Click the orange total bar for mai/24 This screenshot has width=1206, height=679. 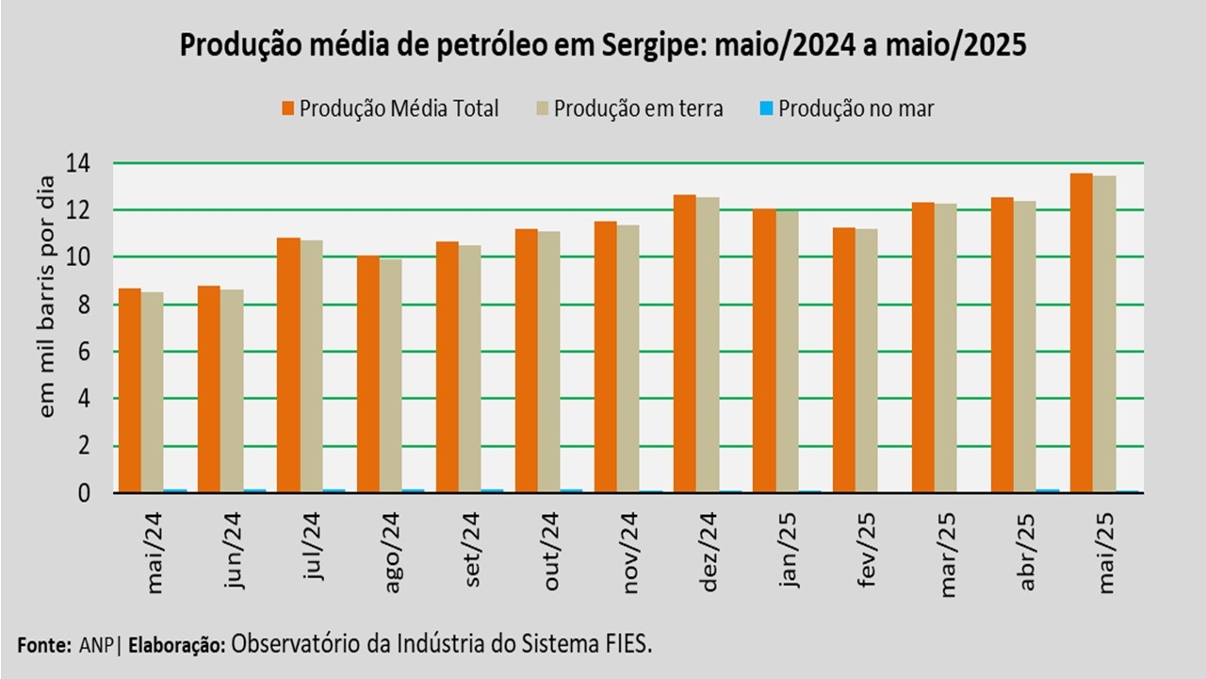pos(130,390)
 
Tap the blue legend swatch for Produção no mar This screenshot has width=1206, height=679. pos(766,108)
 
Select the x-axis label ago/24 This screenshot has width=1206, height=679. pos(395,551)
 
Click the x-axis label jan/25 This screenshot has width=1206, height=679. pos(790,551)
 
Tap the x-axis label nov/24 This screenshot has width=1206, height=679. pos(631,553)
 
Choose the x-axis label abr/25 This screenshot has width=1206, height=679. pos(1027,551)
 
